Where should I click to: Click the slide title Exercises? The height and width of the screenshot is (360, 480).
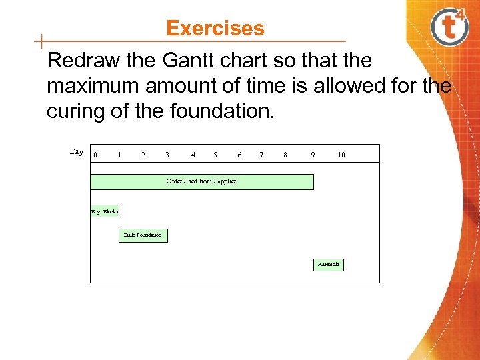click(215, 29)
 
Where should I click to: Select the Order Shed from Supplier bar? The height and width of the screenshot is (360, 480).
click(201, 181)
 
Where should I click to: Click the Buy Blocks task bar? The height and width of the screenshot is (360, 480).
click(105, 211)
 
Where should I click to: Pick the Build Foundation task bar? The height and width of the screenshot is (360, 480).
click(143, 235)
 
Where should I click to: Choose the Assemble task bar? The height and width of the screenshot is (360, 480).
click(328, 265)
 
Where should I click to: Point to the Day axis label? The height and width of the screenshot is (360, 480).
click(77, 152)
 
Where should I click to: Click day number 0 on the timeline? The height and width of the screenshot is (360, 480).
click(95, 155)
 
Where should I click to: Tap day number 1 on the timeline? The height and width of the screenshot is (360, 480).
click(119, 155)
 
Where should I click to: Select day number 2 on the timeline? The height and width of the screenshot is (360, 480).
click(143, 155)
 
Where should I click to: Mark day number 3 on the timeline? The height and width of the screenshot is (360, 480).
click(167, 155)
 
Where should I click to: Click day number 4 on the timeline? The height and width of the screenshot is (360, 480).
click(193, 155)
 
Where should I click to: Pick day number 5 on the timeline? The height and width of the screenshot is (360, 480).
click(215, 155)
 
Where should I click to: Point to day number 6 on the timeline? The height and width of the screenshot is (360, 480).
click(239, 155)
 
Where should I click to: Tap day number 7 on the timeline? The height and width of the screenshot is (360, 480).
click(261, 155)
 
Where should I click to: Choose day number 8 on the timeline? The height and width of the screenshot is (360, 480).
click(285, 155)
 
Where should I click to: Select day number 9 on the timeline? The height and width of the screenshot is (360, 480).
click(313, 155)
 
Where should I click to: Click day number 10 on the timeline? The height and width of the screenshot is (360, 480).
click(341, 155)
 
